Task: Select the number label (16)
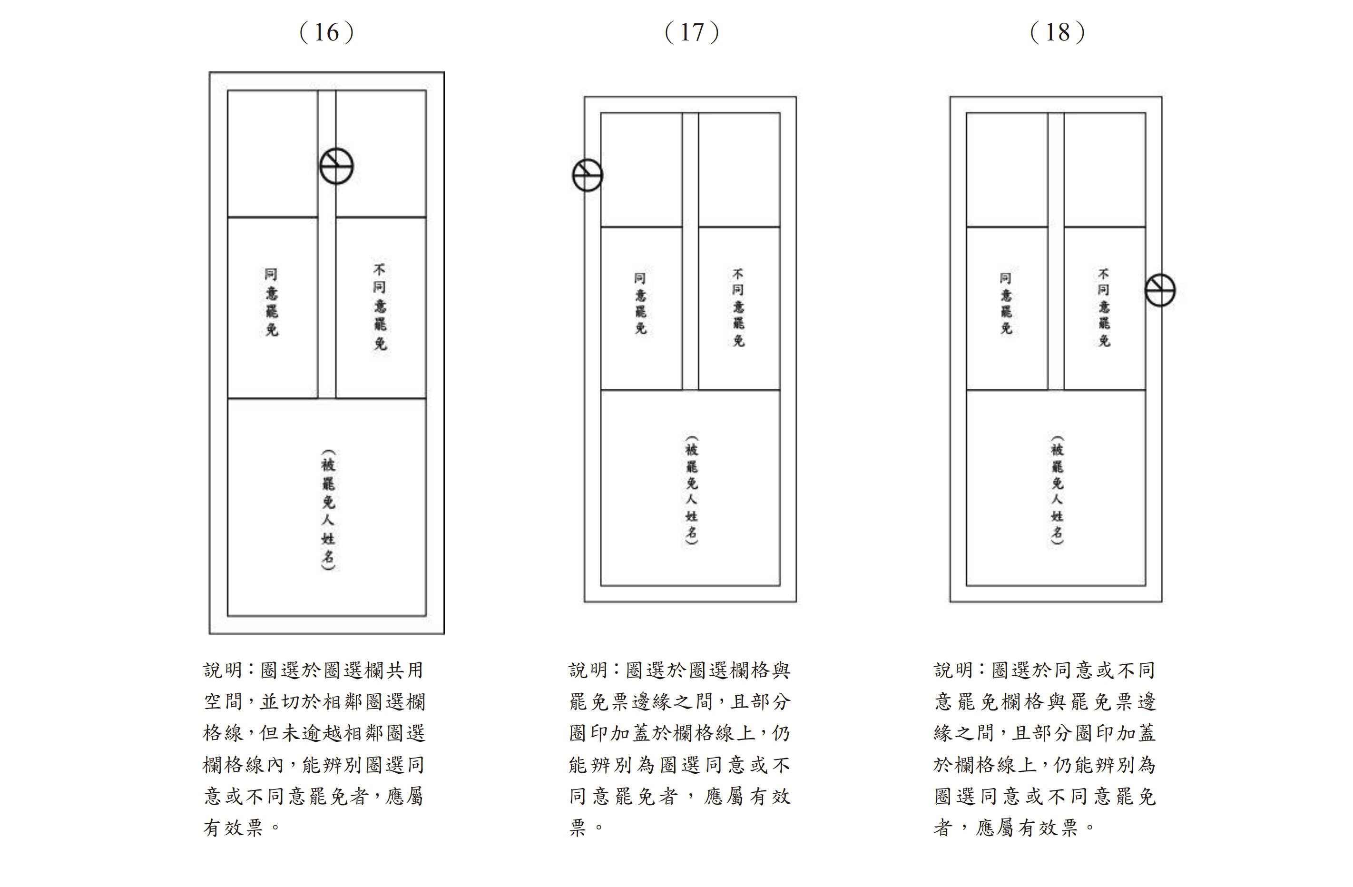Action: pyautogui.click(x=327, y=32)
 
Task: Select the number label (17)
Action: pyautogui.click(x=692, y=32)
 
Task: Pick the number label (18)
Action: pyautogui.click(x=1058, y=32)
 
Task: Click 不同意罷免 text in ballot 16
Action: pyautogui.click(x=380, y=306)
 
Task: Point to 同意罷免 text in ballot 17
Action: pyautogui.click(x=640, y=303)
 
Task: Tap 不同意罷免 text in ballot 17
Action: pyautogui.click(x=738, y=307)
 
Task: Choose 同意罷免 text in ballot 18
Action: pyautogui.click(x=1006, y=303)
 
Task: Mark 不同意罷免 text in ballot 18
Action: pyautogui.click(x=1103, y=307)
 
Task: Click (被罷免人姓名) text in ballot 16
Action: pyautogui.click(x=328, y=510)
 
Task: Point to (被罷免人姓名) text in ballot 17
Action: pyautogui.click(x=691, y=490)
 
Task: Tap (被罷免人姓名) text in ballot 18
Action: pyautogui.click(x=1057, y=490)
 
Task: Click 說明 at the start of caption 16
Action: pyautogui.click(x=222, y=670)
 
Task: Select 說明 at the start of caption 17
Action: pyautogui.click(x=588, y=670)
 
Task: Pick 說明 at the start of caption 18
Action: pyautogui.click(x=953, y=670)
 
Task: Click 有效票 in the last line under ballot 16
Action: pyautogui.click(x=233, y=828)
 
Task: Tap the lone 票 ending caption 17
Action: pyautogui.click(x=578, y=828)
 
